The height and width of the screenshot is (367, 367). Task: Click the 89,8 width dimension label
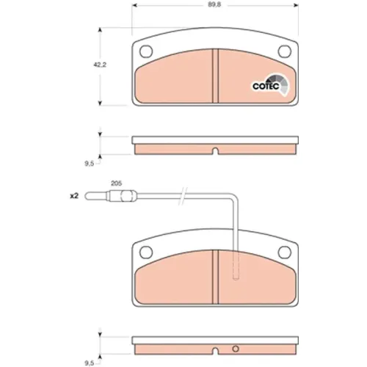click(214, 5)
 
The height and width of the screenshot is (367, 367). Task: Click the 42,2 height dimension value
click(100, 65)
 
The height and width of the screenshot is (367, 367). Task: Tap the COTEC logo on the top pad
click(270, 84)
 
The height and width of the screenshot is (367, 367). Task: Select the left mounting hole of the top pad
click(146, 51)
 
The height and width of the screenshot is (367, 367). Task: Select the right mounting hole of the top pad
click(285, 51)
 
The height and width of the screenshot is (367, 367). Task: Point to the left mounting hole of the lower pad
click(146, 252)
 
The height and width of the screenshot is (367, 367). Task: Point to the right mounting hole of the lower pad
click(285, 252)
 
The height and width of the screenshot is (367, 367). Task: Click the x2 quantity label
click(74, 196)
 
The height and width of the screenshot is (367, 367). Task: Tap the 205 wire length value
click(116, 183)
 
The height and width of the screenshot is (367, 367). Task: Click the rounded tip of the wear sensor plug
click(86, 196)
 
